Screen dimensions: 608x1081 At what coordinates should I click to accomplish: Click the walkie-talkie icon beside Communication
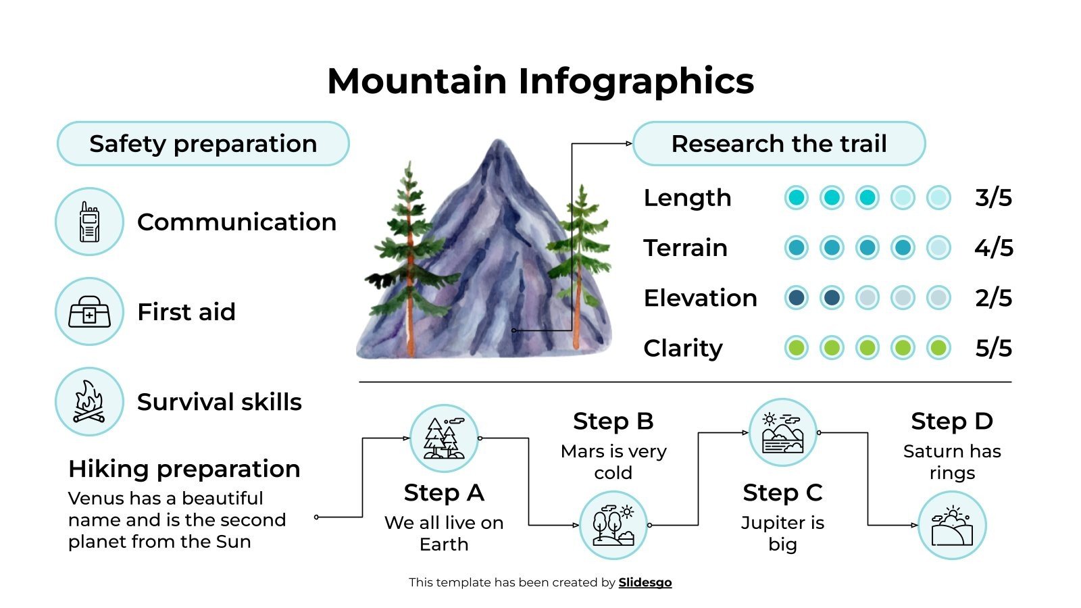point(89,222)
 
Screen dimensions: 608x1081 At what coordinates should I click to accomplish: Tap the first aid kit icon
point(89,311)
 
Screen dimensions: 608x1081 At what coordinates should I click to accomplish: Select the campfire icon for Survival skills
point(89,401)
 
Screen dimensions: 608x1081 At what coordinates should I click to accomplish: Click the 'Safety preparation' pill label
point(203,144)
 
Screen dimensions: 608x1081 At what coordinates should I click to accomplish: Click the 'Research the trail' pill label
point(778,144)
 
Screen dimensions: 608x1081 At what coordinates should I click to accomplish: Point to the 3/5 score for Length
point(993,198)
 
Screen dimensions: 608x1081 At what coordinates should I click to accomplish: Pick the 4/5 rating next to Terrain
point(993,248)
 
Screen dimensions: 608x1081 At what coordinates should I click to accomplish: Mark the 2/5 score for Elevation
point(993,298)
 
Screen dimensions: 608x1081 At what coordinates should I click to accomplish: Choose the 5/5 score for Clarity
point(993,348)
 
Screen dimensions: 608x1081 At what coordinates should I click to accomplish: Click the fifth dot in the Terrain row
point(938,248)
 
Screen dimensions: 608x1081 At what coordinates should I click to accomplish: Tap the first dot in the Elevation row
point(797,298)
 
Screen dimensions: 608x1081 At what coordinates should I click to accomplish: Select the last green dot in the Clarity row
point(938,348)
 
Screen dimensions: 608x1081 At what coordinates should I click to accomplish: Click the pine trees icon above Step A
point(444,438)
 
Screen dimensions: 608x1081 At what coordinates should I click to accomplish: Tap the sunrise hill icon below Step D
point(952,525)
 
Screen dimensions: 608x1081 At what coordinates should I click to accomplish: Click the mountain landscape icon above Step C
point(782,432)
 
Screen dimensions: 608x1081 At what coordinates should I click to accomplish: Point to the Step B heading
point(613,421)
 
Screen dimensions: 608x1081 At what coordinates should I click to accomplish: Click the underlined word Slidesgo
point(645,582)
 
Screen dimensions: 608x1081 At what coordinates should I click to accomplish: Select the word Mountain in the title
point(416,81)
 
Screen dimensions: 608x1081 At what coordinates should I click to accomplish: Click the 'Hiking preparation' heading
point(184,469)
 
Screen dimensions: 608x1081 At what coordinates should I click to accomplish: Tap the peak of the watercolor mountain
point(499,143)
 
